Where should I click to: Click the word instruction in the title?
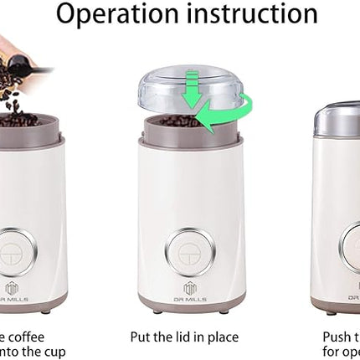pyautogui.click(x=252, y=14)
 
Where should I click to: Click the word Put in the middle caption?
pyautogui.click(x=141, y=337)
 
